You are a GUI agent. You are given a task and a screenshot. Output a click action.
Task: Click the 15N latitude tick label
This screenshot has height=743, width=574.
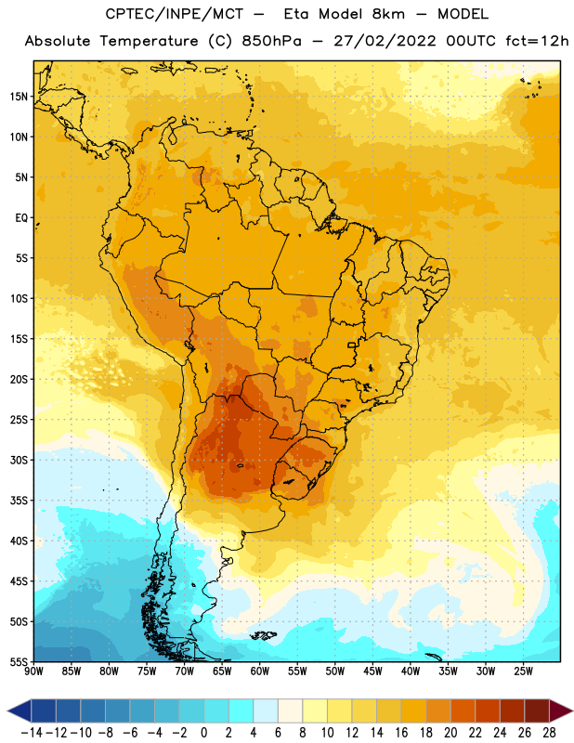coord(19,97)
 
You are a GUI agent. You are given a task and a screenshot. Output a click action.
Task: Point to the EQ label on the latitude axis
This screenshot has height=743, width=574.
coord(21,218)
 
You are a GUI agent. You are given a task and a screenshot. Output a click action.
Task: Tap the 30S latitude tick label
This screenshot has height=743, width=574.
coord(19,460)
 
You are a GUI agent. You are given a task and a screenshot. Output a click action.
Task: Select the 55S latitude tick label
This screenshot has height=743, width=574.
coord(19,661)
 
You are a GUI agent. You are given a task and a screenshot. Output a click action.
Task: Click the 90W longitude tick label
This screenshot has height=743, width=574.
coord(33,671)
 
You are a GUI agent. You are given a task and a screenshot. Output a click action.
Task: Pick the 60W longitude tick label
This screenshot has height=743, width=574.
coord(260,671)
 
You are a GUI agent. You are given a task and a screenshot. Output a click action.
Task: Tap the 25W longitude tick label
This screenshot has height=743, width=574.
coord(523,671)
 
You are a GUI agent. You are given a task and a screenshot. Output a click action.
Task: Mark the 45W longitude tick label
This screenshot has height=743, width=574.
coord(372,671)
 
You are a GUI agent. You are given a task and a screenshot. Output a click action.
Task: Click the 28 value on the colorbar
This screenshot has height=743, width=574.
coord(549,733)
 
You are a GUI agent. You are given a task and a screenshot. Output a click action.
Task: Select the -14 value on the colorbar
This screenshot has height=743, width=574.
coord(32,733)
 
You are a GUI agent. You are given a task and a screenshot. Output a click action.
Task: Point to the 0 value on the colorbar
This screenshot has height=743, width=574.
coord(203,733)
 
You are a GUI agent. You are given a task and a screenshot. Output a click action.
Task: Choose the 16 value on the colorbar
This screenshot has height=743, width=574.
coord(401,733)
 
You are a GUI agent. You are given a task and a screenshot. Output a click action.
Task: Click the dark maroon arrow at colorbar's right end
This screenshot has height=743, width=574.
coord(560,710)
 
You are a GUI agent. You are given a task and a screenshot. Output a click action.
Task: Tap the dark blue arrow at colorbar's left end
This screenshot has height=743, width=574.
coord(20,710)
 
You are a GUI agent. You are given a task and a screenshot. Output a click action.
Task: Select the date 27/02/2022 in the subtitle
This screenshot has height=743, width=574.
coord(385,41)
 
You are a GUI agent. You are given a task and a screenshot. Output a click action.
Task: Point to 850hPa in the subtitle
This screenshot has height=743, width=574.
coord(271,41)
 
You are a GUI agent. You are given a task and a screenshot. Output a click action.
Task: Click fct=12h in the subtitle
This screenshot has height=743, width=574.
coord(537,41)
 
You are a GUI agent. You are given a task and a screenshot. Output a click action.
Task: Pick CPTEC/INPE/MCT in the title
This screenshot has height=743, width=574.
coord(175,14)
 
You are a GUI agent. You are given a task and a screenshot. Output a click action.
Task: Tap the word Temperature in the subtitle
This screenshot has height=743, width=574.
coord(149,42)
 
